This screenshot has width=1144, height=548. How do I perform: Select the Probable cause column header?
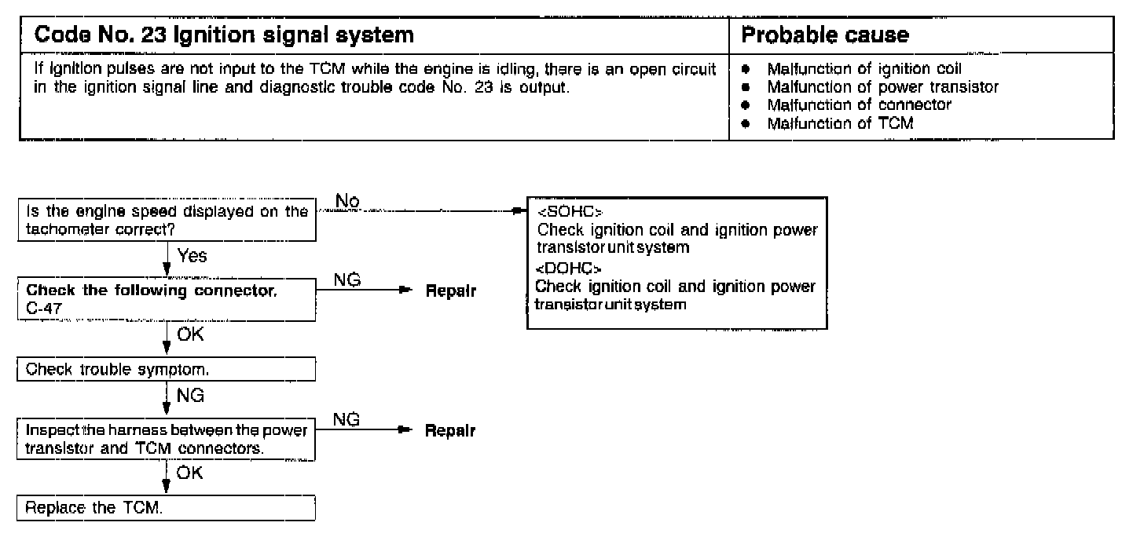click(x=825, y=35)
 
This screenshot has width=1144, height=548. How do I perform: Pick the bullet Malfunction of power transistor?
click(x=882, y=87)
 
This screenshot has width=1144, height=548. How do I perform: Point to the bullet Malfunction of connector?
click(x=859, y=104)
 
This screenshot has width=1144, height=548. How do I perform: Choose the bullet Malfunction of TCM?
click(x=840, y=122)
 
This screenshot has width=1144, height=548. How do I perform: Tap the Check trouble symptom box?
click(x=166, y=368)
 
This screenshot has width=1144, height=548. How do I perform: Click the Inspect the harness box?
click(x=166, y=440)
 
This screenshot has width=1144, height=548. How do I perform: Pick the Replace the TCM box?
click(x=166, y=507)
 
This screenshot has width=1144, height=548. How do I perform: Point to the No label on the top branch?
click(x=347, y=202)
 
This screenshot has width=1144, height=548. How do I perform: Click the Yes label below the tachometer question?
click(x=192, y=256)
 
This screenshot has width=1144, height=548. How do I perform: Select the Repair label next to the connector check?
click(x=451, y=291)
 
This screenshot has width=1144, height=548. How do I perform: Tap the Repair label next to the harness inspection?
click(x=451, y=431)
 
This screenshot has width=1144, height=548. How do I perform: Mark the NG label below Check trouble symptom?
click(x=191, y=396)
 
